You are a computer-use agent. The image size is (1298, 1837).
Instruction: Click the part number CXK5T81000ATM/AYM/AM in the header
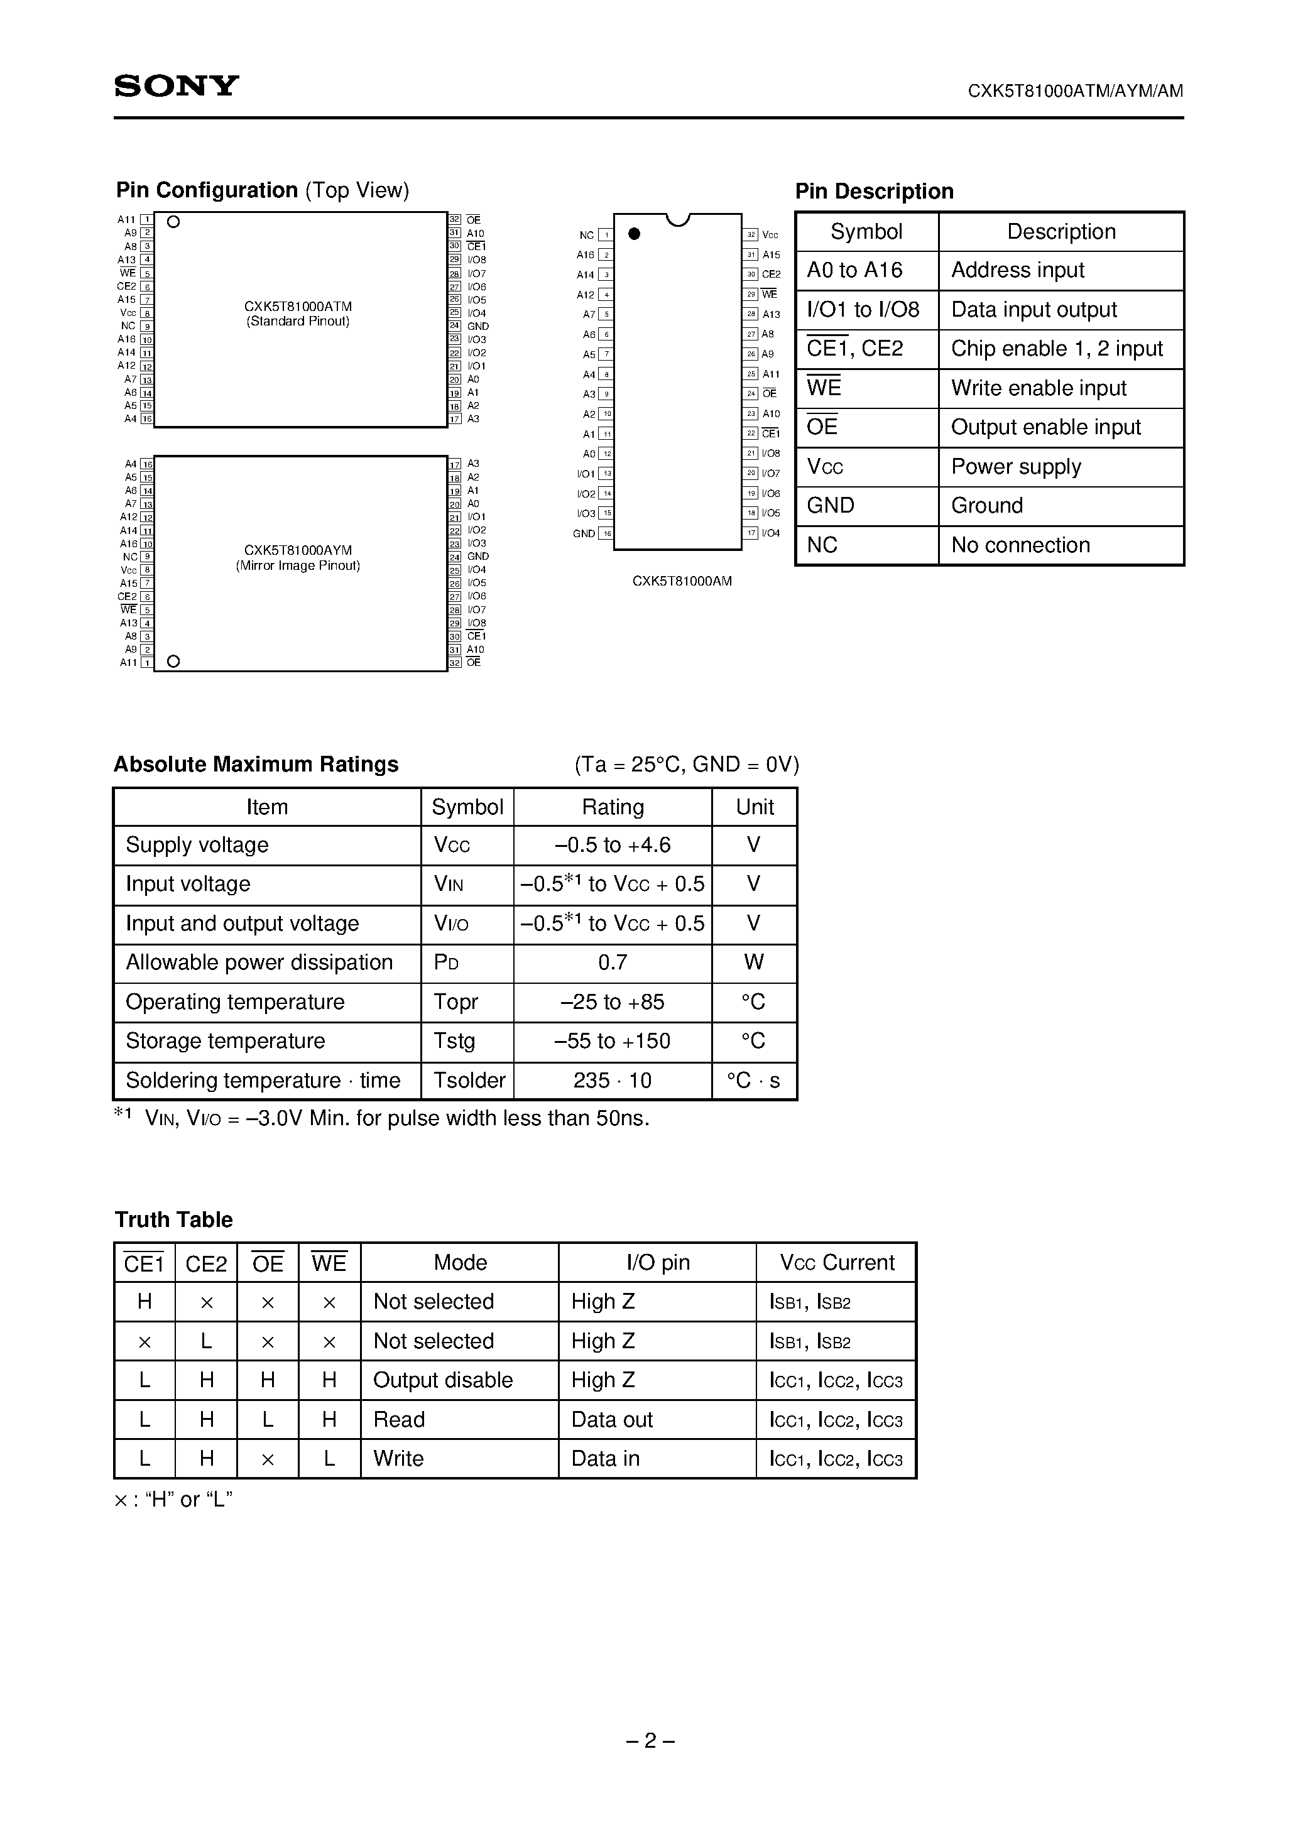coord(1075,91)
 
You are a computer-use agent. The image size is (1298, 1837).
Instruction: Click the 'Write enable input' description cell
coord(1038,388)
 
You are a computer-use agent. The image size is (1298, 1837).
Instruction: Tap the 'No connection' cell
coord(1020,545)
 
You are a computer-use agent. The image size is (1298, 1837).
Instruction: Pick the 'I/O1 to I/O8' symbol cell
coord(863,310)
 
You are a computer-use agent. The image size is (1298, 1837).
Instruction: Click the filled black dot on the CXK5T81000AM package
coord(634,234)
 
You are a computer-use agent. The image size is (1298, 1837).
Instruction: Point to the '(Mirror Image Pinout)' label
coord(298,565)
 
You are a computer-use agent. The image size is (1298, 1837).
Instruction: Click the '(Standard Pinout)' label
coord(298,322)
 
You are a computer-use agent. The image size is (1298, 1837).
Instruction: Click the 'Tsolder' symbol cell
coord(469,1080)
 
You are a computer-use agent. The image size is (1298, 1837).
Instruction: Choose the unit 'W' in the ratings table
coord(753,962)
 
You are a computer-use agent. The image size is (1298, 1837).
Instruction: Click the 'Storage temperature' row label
coord(226,1041)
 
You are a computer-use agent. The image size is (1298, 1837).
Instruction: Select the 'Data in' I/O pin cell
coord(605,1459)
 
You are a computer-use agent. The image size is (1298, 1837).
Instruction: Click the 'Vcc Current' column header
coord(836,1263)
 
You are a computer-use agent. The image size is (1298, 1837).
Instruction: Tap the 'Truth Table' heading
coord(173,1219)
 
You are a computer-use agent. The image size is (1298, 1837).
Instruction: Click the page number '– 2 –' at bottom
coord(650,1740)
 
